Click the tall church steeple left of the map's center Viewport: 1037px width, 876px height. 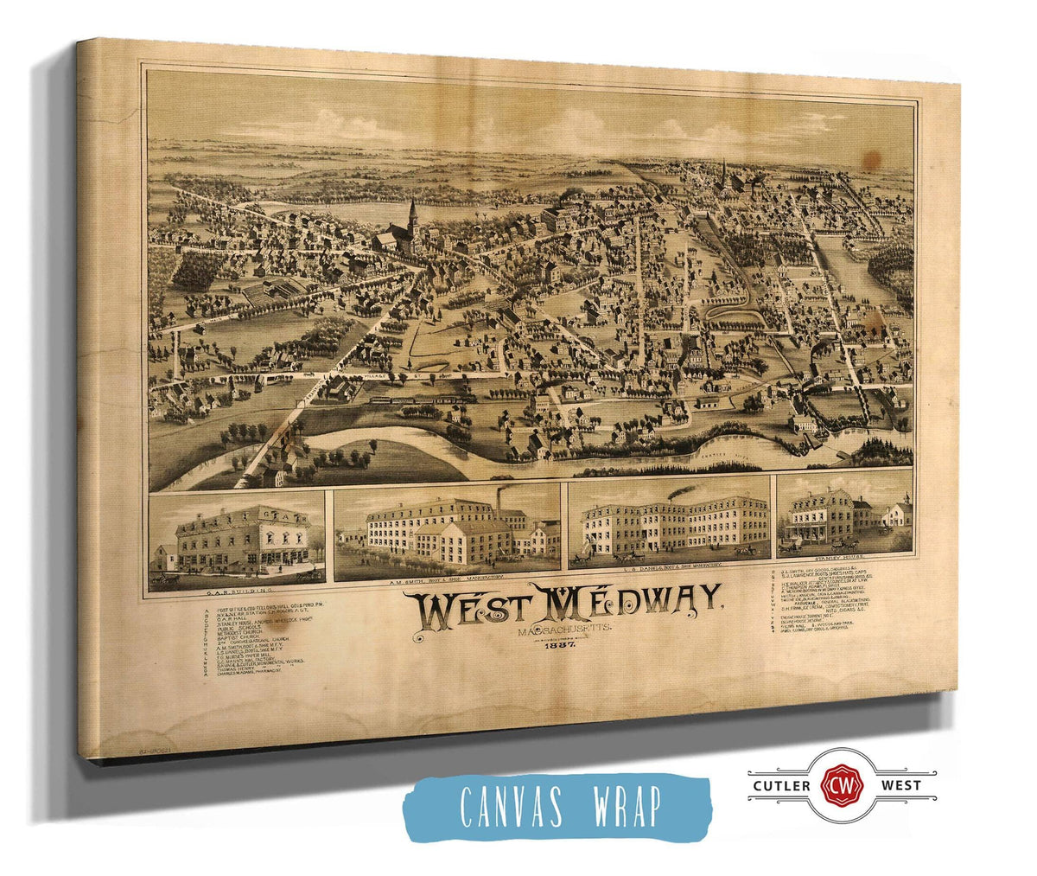[x=412, y=216]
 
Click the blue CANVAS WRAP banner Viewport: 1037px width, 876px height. [x=557, y=806]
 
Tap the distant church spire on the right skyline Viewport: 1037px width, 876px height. [x=723, y=169]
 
